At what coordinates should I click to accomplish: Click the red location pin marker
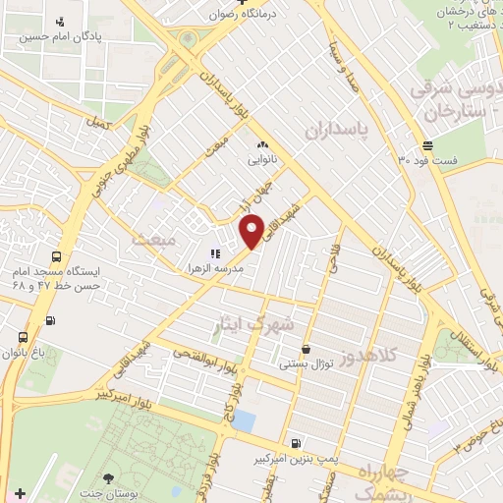[252, 231]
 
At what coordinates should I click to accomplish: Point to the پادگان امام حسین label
[60, 36]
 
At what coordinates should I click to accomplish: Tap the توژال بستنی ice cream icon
[307, 348]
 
